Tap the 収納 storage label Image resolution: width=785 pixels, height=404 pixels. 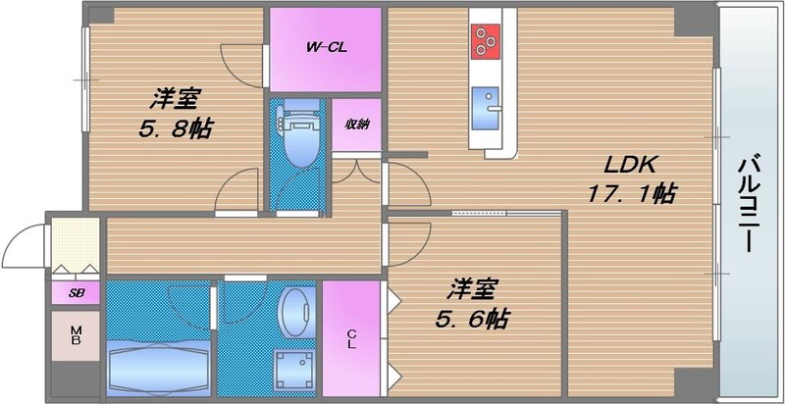click(x=355, y=125)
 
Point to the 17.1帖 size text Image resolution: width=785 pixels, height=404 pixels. click(x=631, y=194)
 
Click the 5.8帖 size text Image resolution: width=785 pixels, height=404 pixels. click(x=176, y=128)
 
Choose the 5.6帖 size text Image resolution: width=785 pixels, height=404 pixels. click(x=472, y=319)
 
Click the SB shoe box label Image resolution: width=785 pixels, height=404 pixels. click(x=75, y=292)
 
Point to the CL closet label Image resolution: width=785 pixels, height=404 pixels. click(x=350, y=339)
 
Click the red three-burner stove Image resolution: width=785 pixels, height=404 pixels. click(x=485, y=39)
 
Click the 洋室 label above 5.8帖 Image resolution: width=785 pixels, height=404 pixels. click(x=176, y=98)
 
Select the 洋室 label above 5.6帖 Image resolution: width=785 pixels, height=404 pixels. click(x=474, y=289)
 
